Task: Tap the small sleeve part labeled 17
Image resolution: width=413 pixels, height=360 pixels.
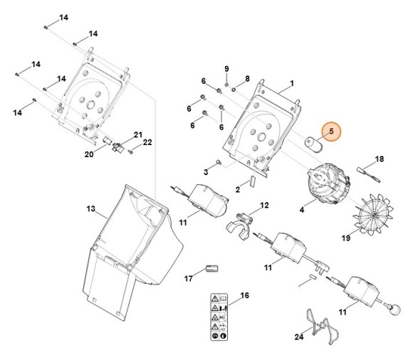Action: [x=209, y=268]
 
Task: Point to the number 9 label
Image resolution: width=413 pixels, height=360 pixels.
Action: [x=226, y=68]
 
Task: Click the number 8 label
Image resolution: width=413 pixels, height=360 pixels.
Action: [x=247, y=78]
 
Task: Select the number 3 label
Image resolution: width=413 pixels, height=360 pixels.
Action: [x=206, y=172]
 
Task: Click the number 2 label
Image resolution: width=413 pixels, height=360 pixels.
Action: [x=238, y=190]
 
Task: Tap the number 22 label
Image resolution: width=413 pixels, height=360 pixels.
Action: [x=147, y=142]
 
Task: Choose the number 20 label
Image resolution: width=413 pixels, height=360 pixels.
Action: [x=89, y=154]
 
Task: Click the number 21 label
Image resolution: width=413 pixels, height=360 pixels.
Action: [x=138, y=134]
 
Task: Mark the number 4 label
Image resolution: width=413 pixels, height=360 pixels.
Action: [x=302, y=211]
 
